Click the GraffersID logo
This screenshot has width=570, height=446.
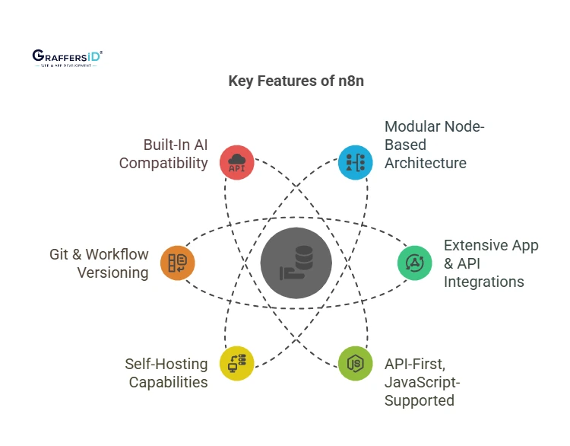click(68, 58)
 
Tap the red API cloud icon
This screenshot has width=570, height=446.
click(237, 162)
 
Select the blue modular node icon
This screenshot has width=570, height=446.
click(356, 162)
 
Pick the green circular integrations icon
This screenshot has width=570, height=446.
click(415, 263)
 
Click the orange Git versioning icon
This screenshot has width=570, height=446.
click(178, 263)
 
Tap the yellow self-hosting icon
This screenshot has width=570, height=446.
click(237, 363)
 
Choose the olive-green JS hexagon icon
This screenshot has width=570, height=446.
click(356, 363)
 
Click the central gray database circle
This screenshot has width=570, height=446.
click(296, 263)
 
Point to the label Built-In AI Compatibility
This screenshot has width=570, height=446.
click(163, 153)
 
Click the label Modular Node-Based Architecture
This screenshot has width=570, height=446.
click(426, 145)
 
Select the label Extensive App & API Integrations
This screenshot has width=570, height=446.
click(491, 263)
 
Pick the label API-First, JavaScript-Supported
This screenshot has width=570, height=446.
click(423, 381)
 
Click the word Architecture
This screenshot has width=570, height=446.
click(426, 163)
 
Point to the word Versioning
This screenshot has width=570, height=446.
click(112, 272)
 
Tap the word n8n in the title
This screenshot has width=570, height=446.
click(349, 81)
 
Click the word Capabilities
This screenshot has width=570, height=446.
click(168, 382)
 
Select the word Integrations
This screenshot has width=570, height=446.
click(484, 282)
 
